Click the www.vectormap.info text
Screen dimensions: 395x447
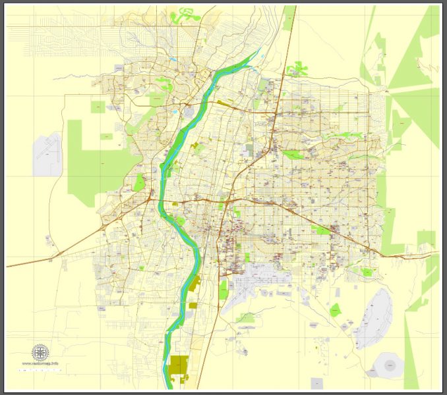point(40,363)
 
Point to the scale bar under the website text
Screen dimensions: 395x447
point(40,371)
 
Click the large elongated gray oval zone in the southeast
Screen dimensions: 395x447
point(374,319)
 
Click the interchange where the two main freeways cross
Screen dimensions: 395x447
point(225,199)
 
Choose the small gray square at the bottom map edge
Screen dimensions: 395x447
point(317,382)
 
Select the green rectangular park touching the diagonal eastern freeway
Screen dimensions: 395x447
point(320,230)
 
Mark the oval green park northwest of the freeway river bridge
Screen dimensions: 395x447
point(139,182)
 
